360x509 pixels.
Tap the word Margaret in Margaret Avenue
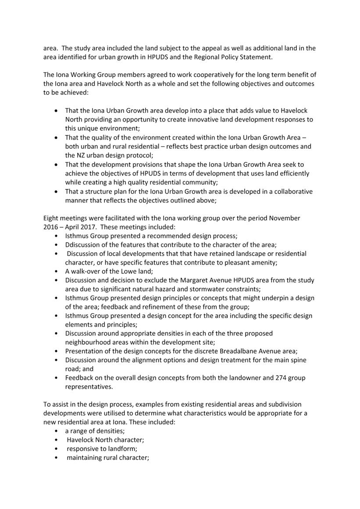pyautogui.click(x=194, y=280)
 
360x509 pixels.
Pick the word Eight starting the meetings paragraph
pyautogui.click(x=52, y=218)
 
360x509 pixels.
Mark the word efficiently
pyautogui.click(x=289, y=173)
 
